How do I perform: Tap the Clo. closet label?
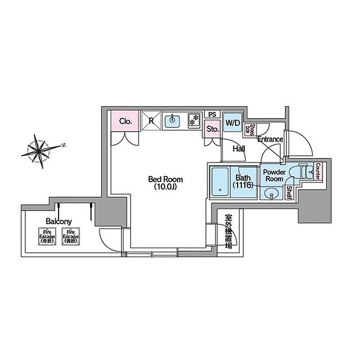coord(124,122)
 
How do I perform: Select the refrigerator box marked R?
coord(151,121)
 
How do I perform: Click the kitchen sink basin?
coord(172,122)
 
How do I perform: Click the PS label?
coord(212,114)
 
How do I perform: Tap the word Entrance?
coord(270,139)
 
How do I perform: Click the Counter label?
coord(318,172)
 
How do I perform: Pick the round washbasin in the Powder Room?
coord(272,193)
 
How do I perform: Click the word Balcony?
coord(59,221)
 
